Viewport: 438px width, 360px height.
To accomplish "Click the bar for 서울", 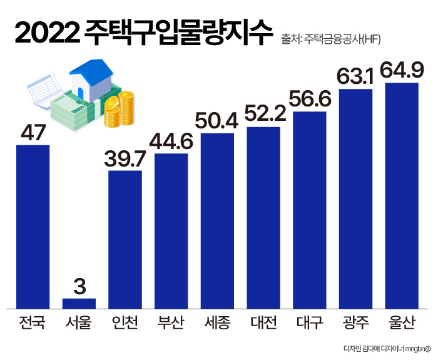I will (79, 303).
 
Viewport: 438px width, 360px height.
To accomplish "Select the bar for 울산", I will (402, 195).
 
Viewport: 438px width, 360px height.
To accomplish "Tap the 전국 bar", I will (33, 227).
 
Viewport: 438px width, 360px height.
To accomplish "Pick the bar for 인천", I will (125, 239).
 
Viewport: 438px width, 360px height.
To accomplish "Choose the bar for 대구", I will (309, 210).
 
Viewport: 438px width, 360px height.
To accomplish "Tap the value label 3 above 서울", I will (79, 286).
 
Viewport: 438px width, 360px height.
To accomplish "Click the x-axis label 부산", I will (171, 324).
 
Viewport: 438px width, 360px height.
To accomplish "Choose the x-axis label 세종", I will (217, 324).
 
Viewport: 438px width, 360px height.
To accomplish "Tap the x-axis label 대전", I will (263, 324).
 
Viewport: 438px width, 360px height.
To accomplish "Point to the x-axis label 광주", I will (355, 324).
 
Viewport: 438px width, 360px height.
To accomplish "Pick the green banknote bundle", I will (72, 113).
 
